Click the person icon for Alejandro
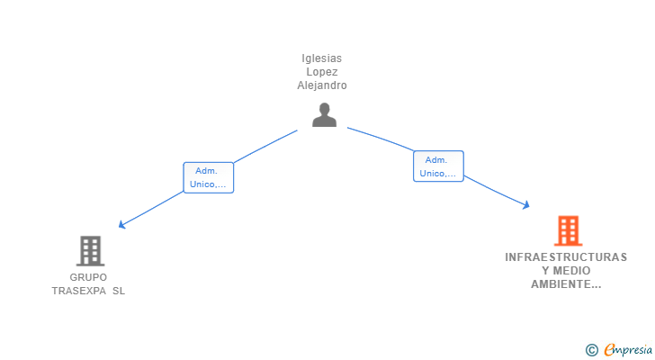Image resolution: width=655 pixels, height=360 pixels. (x=324, y=115)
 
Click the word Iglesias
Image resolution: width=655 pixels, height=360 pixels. (x=322, y=58)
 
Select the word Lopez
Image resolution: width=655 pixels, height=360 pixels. (x=322, y=72)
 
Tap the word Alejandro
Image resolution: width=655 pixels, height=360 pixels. (x=322, y=85)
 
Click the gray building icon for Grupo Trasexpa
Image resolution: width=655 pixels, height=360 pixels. (x=90, y=251)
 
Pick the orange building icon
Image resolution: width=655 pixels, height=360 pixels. (x=568, y=230)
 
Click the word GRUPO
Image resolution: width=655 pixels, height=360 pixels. (x=88, y=277)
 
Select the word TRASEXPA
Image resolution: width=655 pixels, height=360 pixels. (x=79, y=291)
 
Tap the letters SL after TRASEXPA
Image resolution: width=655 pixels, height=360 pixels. (x=119, y=291)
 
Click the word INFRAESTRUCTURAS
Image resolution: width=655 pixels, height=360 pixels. (x=566, y=257)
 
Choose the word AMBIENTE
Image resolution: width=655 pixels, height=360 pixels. (x=566, y=284)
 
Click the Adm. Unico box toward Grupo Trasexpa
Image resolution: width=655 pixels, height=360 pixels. (x=209, y=177)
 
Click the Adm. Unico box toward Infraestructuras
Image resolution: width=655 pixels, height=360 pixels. (x=438, y=166)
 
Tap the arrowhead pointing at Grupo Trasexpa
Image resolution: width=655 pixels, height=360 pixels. (x=121, y=225)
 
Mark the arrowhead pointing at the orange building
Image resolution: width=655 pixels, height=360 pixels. (x=526, y=204)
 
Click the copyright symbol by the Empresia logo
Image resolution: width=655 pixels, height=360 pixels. (x=591, y=350)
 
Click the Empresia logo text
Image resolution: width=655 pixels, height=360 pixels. (x=628, y=350)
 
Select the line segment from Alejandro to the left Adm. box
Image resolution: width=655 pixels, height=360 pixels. (x=265, y=146)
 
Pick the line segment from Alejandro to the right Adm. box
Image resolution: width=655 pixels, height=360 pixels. (x=381, y=139)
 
